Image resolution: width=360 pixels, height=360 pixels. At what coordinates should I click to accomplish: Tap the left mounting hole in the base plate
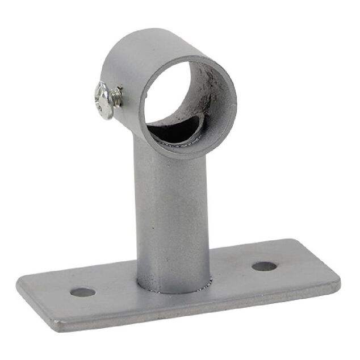[x=83, y=293]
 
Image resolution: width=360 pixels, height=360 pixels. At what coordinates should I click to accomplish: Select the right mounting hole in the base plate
[x=263, y=266]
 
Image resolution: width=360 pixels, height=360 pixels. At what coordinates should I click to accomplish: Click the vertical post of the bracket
[x=170, y=216]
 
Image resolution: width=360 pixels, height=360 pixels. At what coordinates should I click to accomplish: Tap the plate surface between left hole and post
[x=114, y=290]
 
